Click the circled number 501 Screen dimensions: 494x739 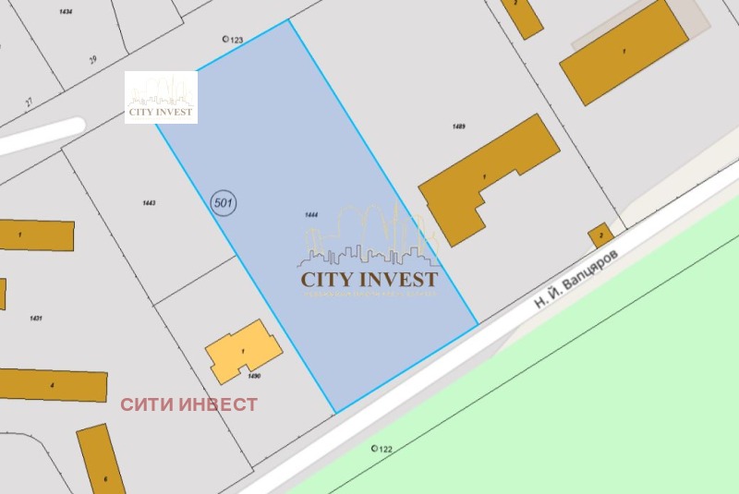click(224, 202)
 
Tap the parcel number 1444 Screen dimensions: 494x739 click(311, 214)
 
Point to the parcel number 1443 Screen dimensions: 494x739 click(150, 202)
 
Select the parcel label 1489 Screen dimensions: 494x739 click(459, 126)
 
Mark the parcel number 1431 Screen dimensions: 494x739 click(36, 318)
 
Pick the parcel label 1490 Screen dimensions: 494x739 click(255, 377)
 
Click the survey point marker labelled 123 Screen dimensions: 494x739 click(226, 40)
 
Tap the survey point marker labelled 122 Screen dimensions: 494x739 click(374, 449)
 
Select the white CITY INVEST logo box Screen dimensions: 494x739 click(161, 97)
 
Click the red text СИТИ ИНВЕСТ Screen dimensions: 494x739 click(189, 404)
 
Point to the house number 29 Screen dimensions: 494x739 click(92, 60)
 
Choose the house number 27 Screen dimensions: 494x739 click(29, 102)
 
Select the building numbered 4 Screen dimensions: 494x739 click(52, 384)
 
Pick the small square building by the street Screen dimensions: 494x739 click(600, 235)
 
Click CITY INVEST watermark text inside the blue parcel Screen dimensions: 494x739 click(369, 277)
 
